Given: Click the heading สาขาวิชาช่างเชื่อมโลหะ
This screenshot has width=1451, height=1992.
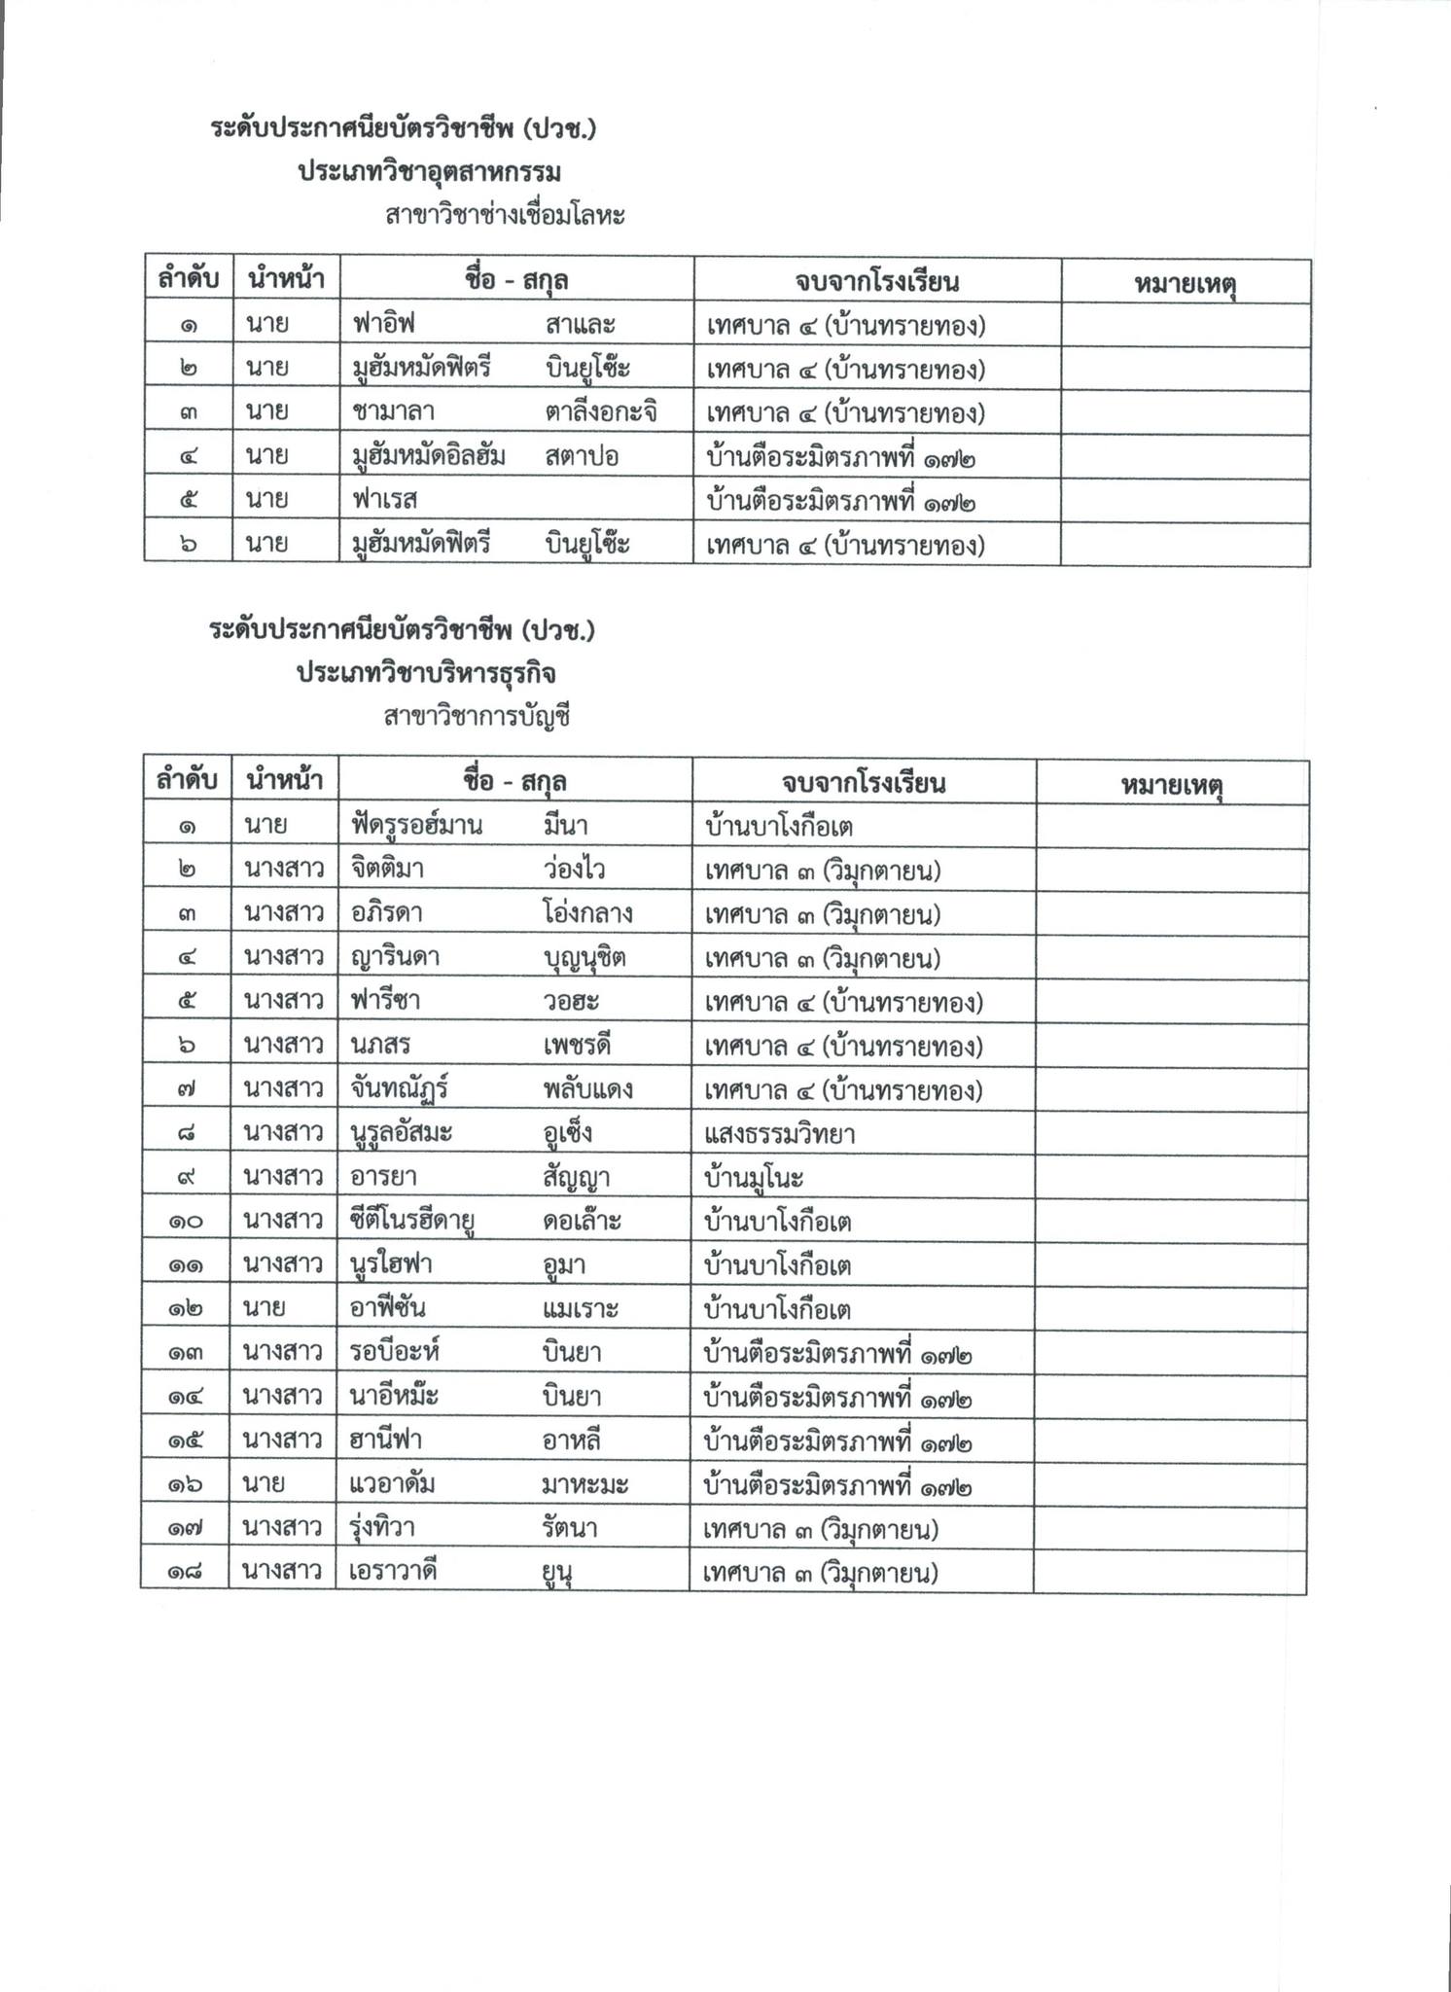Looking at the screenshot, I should tap(505, 215).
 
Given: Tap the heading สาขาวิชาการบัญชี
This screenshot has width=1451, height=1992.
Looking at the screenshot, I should tap(476, 718).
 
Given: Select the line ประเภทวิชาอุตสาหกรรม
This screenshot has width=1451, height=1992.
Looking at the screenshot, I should tap(429, 172).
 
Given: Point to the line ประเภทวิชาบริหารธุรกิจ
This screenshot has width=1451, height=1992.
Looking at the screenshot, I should tap(427, 674).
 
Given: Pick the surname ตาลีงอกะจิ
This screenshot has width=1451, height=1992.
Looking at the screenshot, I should tap(601, 413).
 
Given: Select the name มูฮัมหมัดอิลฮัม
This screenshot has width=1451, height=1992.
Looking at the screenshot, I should tap(428, 457).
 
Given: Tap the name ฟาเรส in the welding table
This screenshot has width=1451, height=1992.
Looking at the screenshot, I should tap(384, 501).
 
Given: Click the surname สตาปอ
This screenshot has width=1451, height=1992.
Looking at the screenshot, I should tap(582, 457).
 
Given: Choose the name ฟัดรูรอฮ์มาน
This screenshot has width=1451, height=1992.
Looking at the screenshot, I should tap(417, 827).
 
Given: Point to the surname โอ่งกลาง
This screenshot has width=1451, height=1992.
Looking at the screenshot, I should tap(587, 914).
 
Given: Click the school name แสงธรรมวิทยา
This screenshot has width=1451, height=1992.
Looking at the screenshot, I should tap(780, 1134).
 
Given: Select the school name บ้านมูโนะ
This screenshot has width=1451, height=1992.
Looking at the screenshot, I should tap(755, 1178).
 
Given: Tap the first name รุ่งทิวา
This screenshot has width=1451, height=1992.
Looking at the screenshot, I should tap(383, 1529).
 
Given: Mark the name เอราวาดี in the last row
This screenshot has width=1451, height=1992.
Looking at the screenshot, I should tap(392, 1573).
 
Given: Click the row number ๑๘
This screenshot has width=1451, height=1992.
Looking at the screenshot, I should tap(185, 1573).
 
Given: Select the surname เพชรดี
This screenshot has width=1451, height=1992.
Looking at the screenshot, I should tap(577, 1047).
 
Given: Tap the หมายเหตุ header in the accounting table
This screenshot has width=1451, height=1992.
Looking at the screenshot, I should tap(1171, 784).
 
